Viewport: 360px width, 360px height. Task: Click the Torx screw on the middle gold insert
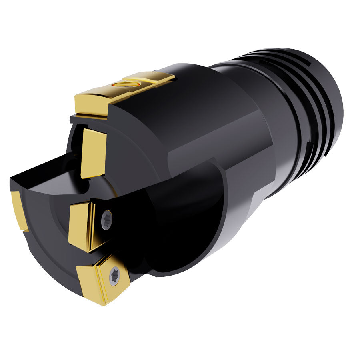pos(107,220)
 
